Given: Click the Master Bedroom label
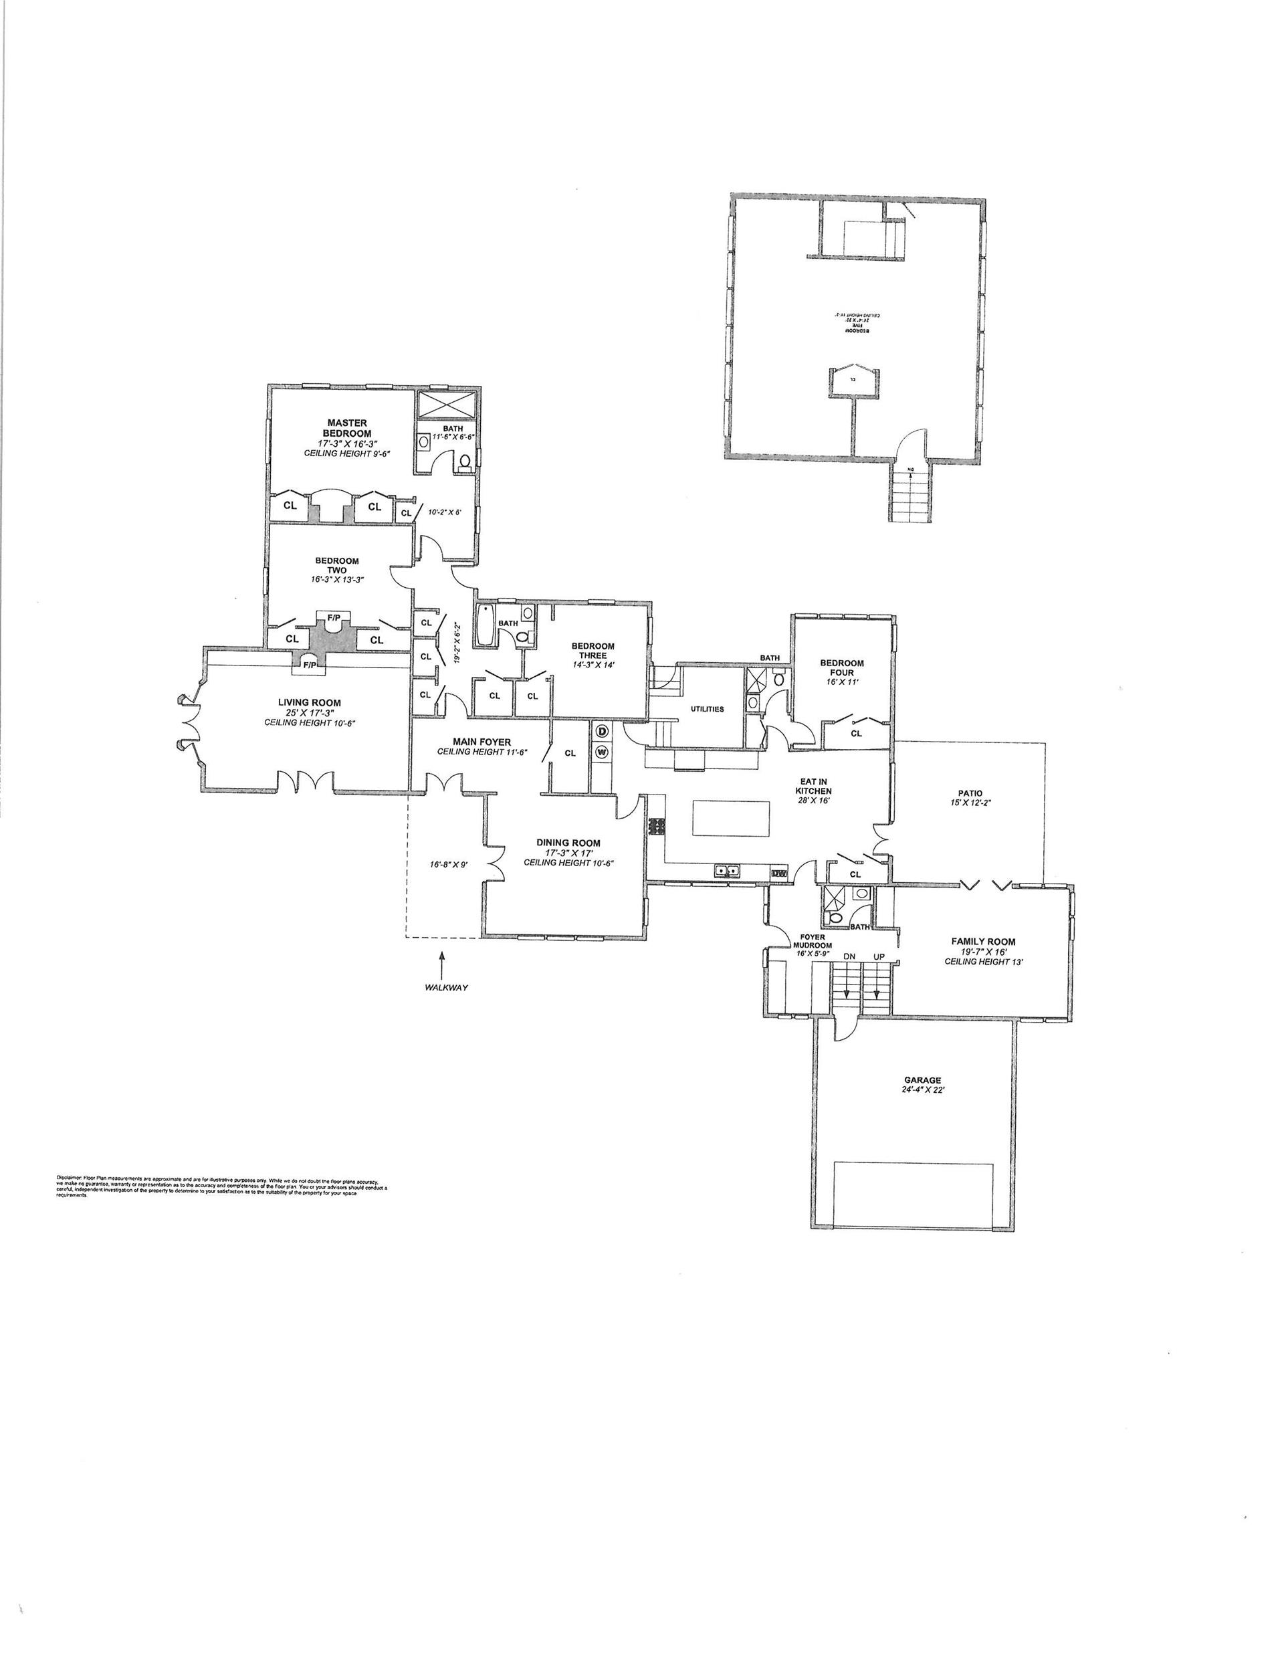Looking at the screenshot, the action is click(347, 427).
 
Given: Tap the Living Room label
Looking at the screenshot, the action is click(309, 703).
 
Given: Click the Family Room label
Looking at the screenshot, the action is click(983, 941).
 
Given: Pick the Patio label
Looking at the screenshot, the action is click(970, 793).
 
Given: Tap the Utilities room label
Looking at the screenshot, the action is click(707, 708).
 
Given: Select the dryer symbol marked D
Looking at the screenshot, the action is click(601, 731).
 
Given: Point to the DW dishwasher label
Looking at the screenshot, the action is click(778, 873).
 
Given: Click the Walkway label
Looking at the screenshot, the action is click(446, 987).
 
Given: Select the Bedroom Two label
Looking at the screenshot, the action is click(336, 565).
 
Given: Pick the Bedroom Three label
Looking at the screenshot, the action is click(593, 651).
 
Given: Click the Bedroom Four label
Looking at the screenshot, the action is click(842, 667).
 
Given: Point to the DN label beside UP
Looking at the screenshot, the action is click(849, 956).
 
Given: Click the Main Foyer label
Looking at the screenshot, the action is click(481, 741).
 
